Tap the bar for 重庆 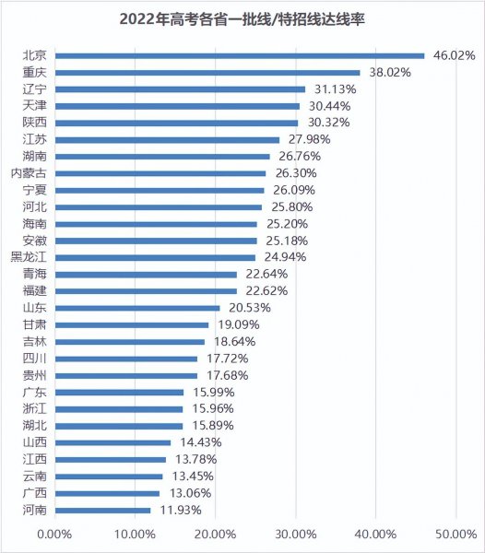click(x=207, y=72)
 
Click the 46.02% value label click(x=453, y=55)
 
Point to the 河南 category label click(x=34, y=510)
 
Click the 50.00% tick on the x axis click(x=455, y=534)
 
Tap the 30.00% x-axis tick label click(x=295, y=534)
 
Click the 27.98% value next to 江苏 click(x=307, y=139)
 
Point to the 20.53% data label click(x=248, y=307)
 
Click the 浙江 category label click(x=34, y=408)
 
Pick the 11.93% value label click(x=179, y=510)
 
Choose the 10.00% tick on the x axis click(x=136, y=534)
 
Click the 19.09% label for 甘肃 click(x=236, y=324)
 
